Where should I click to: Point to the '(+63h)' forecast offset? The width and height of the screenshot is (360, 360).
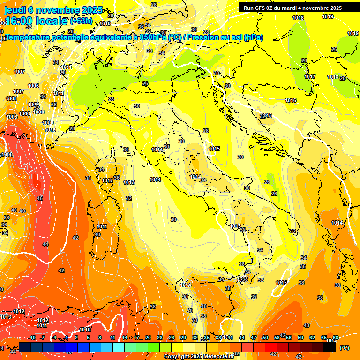81,21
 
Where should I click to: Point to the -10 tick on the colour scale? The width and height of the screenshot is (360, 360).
32,338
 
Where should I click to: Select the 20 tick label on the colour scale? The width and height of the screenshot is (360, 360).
148,338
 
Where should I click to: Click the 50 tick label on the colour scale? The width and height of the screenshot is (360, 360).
265,338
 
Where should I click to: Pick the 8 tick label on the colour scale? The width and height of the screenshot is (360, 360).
100,338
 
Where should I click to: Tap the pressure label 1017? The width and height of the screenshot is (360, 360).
310,76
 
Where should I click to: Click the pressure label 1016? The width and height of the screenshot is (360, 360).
291,100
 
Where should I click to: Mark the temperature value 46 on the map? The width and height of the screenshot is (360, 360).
40,199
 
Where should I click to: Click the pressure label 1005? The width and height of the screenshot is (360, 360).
7,154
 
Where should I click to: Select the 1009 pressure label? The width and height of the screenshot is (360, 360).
48,123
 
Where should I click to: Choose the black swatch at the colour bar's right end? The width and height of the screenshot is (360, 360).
329,347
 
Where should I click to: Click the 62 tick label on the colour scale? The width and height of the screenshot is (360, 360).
312,338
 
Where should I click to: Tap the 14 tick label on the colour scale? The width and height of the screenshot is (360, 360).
125,338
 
